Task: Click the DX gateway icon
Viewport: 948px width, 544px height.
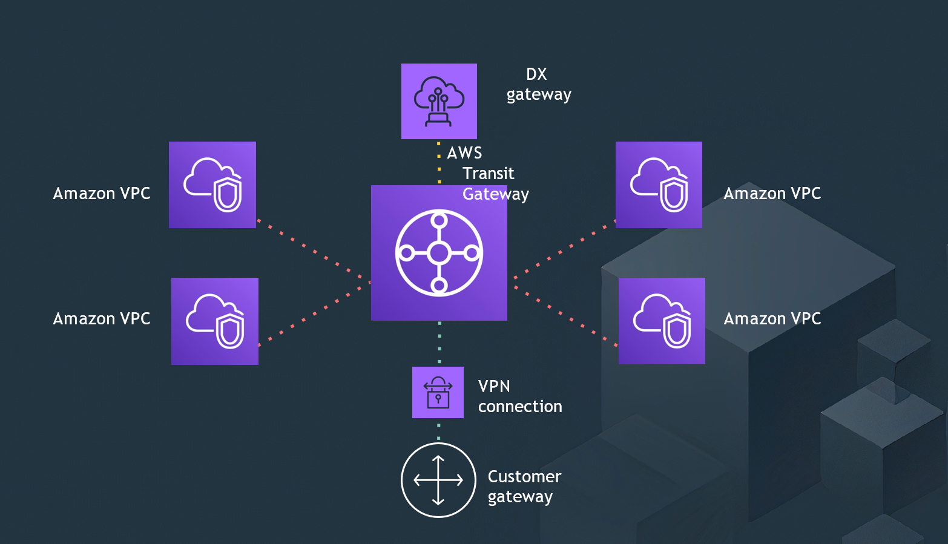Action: [x=439, y=101]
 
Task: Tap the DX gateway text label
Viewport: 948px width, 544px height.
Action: [x=538, y=84]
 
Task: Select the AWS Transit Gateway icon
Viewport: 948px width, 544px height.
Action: [x=439, y=253]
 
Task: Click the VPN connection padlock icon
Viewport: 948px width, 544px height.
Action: [x=438, y=392]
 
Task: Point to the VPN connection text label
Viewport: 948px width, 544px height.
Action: [x=519, y=396]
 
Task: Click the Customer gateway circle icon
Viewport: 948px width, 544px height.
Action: [x=438, y=480]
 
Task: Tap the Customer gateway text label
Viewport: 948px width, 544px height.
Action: [x=524, y=487]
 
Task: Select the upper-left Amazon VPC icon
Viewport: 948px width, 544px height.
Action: [x=212, y=185]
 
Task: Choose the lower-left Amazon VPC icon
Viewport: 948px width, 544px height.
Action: [x=215, y=321]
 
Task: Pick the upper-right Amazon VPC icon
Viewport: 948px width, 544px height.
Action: [x=659, y=185]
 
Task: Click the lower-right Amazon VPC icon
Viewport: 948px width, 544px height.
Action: [x=662, y=321]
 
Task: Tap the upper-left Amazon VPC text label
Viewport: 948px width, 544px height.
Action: [x=102, y=194]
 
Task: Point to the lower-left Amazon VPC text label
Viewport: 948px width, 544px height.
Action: [x=102, y=319]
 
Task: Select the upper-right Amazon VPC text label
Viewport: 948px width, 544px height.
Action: [x=772, y=194]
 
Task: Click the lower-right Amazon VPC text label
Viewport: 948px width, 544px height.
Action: [x=772, y=319]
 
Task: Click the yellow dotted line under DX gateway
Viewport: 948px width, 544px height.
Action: [x=439, y=162]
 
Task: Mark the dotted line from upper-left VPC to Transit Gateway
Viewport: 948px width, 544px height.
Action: [x=314, y=252]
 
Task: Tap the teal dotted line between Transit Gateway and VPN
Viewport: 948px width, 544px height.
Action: [x=439, y=342]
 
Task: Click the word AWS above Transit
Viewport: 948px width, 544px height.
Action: [x=464, y=153]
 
